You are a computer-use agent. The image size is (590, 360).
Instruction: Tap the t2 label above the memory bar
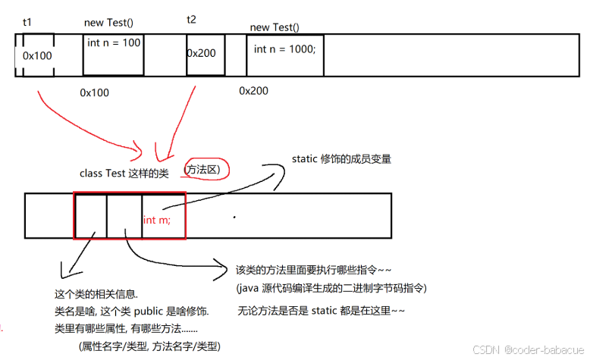coord(191,19)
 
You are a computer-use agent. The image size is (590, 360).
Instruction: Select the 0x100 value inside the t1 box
coord(37,56)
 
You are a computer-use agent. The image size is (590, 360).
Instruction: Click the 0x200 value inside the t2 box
coord(202,53)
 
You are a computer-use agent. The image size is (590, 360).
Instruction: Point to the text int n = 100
coord(114,43)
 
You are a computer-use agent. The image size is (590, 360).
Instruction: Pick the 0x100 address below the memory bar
coord(94,93)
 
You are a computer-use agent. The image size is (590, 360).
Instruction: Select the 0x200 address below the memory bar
coord(253,91)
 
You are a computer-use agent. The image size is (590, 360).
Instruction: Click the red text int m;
coord(157,221)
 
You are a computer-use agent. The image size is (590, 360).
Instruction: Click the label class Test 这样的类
coord(124,174)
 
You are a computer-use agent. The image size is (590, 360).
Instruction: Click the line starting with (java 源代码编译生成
coord(331,289)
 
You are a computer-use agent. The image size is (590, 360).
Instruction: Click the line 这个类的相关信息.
coord(96,293)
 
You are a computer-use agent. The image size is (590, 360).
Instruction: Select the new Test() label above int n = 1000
coord(275,27)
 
